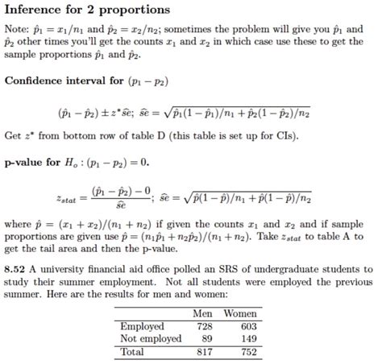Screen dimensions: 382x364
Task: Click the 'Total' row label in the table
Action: tap(132, 352)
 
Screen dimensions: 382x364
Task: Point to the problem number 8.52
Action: tap(16, 267)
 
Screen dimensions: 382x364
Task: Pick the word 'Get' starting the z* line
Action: tap(13, 135)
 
